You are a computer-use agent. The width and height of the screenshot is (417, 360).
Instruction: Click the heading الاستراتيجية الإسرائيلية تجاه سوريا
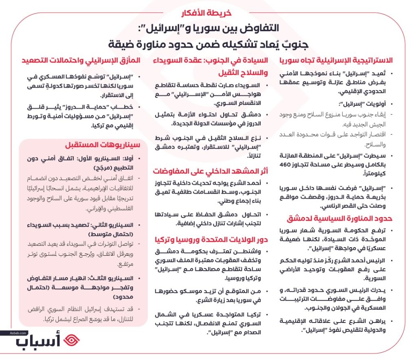336,60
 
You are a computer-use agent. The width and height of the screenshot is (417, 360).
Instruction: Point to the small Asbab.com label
16,333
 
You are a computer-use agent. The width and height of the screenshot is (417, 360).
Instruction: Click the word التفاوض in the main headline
261,29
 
